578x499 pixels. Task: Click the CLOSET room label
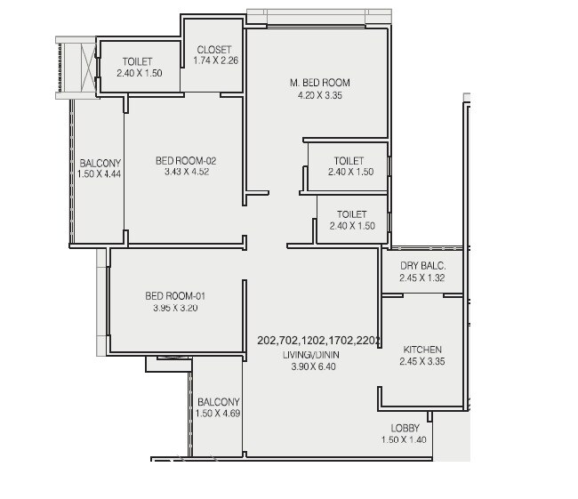[x=213, y=50]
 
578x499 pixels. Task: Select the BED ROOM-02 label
[x=186, y=161]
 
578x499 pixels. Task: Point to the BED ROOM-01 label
[x=176, y=296]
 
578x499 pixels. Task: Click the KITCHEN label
[x=422, y=350]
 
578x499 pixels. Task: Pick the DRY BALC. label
[x=422, y=266]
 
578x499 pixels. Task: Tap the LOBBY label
[x=405, y=429]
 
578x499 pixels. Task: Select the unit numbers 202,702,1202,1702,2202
[x=318, y=341]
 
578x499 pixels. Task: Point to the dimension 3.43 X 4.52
[x=186, y=173]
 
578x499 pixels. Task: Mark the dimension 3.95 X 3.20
[x=176, y=308]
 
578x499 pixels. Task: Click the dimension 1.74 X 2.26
[x=213, y=61]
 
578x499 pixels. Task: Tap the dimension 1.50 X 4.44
[x=100, y=174]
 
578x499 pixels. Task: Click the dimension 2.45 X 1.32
[x=422, y=278]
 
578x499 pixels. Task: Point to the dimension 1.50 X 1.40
[x=405, y=440]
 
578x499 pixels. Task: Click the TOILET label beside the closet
[x=138, y=61]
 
